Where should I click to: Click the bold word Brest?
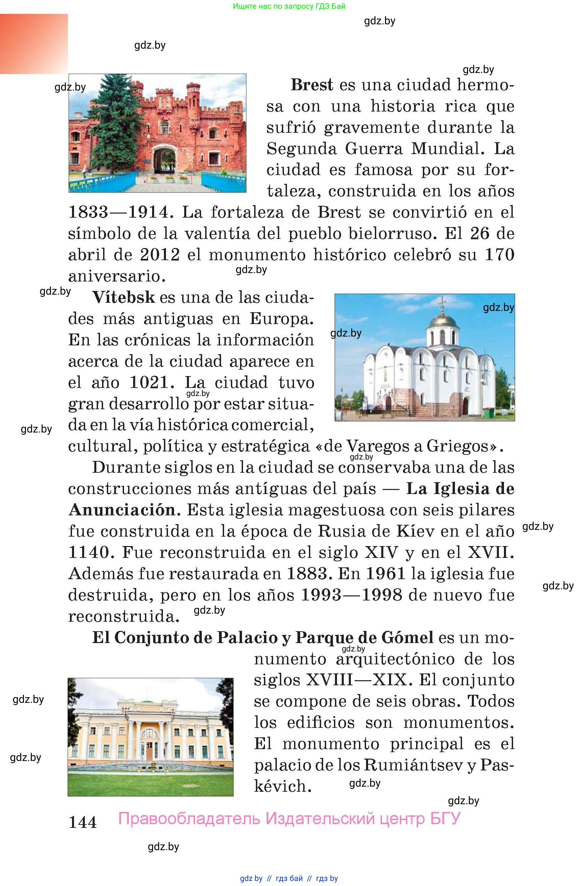[312, 85]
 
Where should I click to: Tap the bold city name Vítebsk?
[123, 297]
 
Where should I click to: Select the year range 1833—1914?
[118, 212]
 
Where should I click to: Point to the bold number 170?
[499, 255]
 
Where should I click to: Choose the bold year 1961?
[385, 574]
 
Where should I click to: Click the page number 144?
[83, 822]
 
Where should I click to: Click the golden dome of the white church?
[442, 320]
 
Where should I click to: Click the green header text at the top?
[289, 6]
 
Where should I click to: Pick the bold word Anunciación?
[122, 510]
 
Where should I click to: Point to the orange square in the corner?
[34, 44]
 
